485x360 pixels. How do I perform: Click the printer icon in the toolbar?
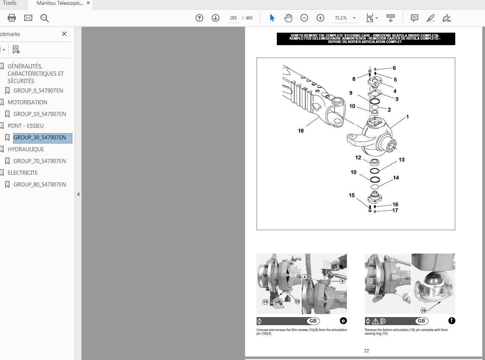point(12,18)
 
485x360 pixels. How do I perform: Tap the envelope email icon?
point(28,18)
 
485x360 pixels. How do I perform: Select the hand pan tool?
point(288,18)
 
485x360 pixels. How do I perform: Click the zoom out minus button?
point(304,18)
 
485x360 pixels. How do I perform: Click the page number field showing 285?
point(233,18)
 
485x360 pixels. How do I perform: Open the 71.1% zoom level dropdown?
point(354,18)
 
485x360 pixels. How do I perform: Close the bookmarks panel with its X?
point(64,34)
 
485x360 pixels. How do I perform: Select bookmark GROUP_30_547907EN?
point(40,138)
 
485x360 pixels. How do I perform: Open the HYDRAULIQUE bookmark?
point(26,149)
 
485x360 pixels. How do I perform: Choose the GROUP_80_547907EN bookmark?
point(40,185)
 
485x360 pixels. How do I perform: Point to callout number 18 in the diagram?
point(301,131)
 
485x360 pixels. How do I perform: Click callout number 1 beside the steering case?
point(407,117)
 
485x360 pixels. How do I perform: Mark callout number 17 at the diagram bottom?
point(395,210)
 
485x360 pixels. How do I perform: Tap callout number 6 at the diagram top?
point(394,68)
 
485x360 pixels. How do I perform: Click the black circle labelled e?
point(343,321)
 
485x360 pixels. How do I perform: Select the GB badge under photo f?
point(421,321)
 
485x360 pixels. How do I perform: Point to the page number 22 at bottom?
point(366,351)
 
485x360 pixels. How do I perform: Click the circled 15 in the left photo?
point(265,302)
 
